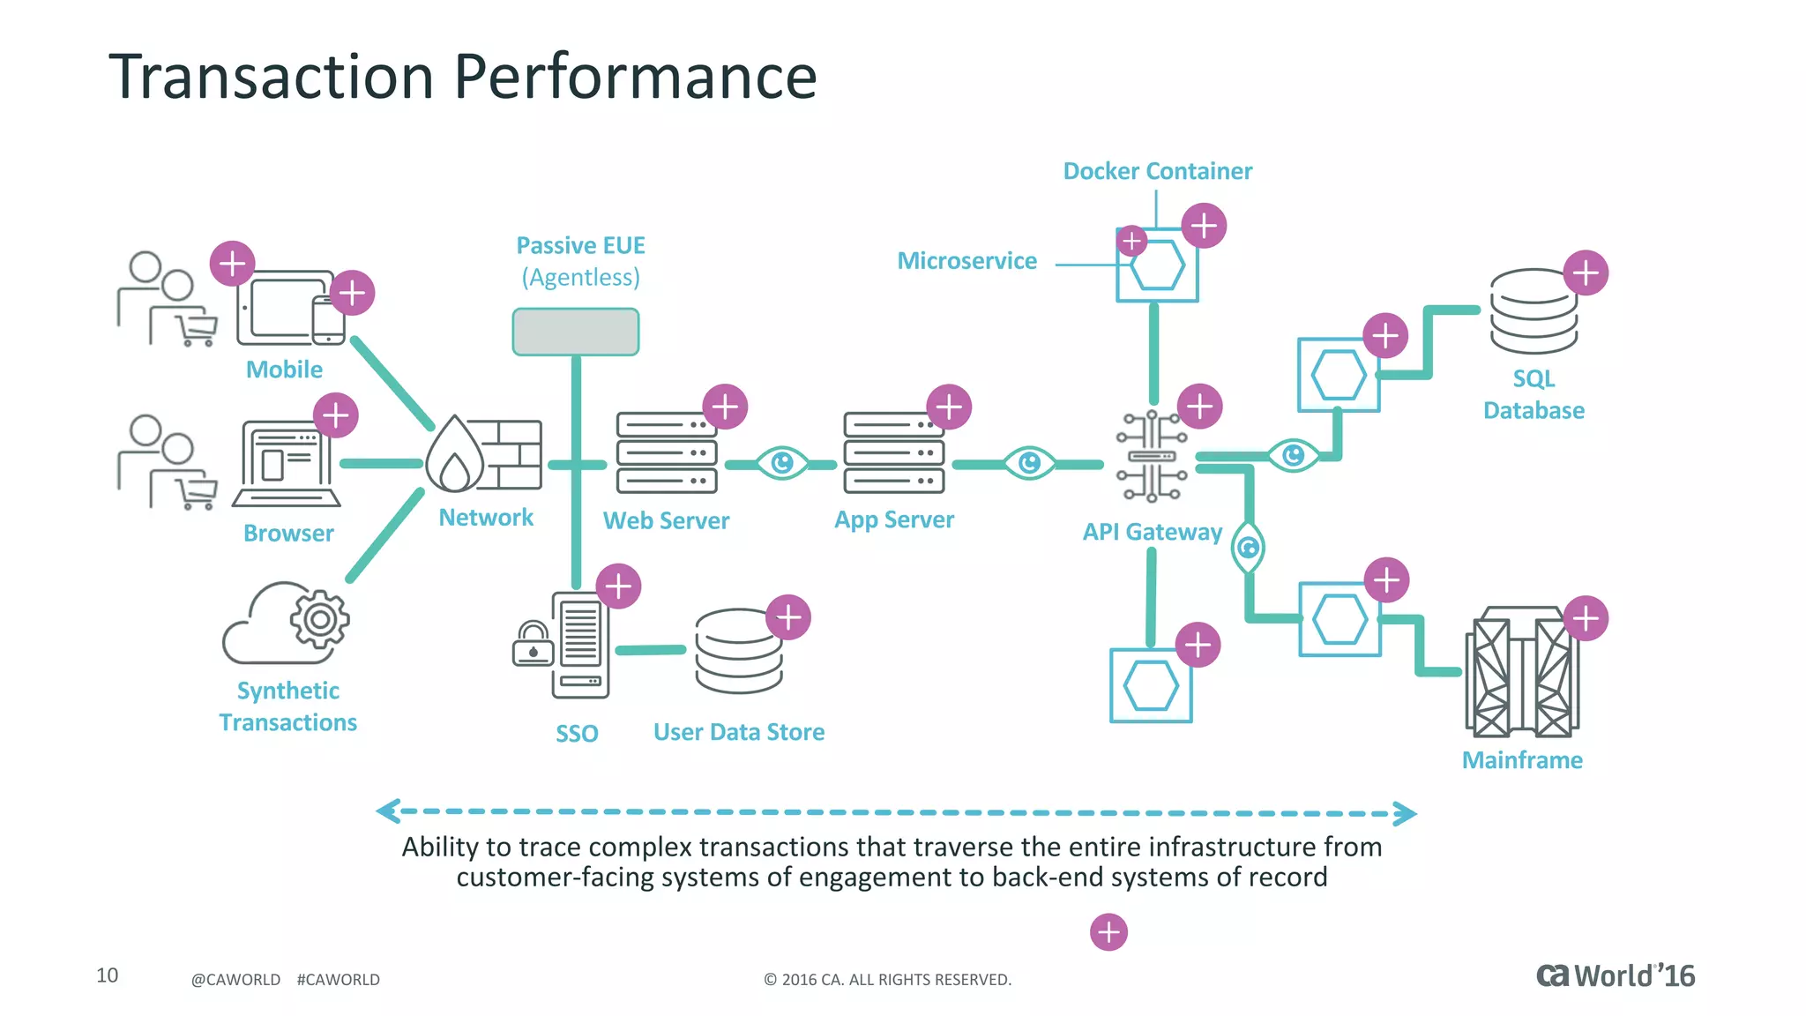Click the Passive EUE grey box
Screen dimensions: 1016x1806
pos(576,332)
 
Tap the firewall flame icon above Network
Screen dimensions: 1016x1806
pos(455,454)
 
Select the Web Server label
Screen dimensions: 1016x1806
pos(666,520)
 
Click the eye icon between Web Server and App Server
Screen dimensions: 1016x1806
pos(782,462)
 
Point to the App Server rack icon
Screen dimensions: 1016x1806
pos(893,452)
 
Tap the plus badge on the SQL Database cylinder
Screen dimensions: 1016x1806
pos(1586,273)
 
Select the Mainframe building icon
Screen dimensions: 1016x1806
pos(1521,672)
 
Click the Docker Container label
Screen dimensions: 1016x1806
pos(1157,171)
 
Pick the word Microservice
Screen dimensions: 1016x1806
pos(966,261)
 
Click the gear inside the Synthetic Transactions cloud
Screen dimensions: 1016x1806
pos(319,620)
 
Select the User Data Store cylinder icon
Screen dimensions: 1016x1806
pos(738,653)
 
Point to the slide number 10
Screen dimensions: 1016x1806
pos(107,975)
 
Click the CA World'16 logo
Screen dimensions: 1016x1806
pos(1615,975)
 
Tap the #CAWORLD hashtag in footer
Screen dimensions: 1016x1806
pos(338,980)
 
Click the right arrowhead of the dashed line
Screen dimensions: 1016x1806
pos(1406,813)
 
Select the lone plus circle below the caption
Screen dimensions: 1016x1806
pos(1108,932)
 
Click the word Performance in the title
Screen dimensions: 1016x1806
pos(635,77)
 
